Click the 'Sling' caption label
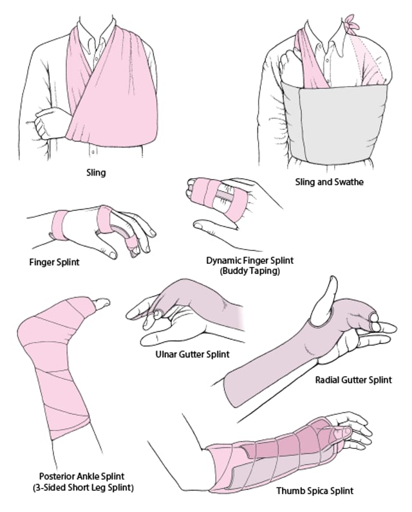point(96,172)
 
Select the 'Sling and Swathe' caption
point(329,182)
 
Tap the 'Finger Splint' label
point(56,262)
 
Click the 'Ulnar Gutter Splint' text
point(192,354)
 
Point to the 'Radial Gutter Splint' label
point(353,379)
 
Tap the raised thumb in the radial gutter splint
point(331,295)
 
